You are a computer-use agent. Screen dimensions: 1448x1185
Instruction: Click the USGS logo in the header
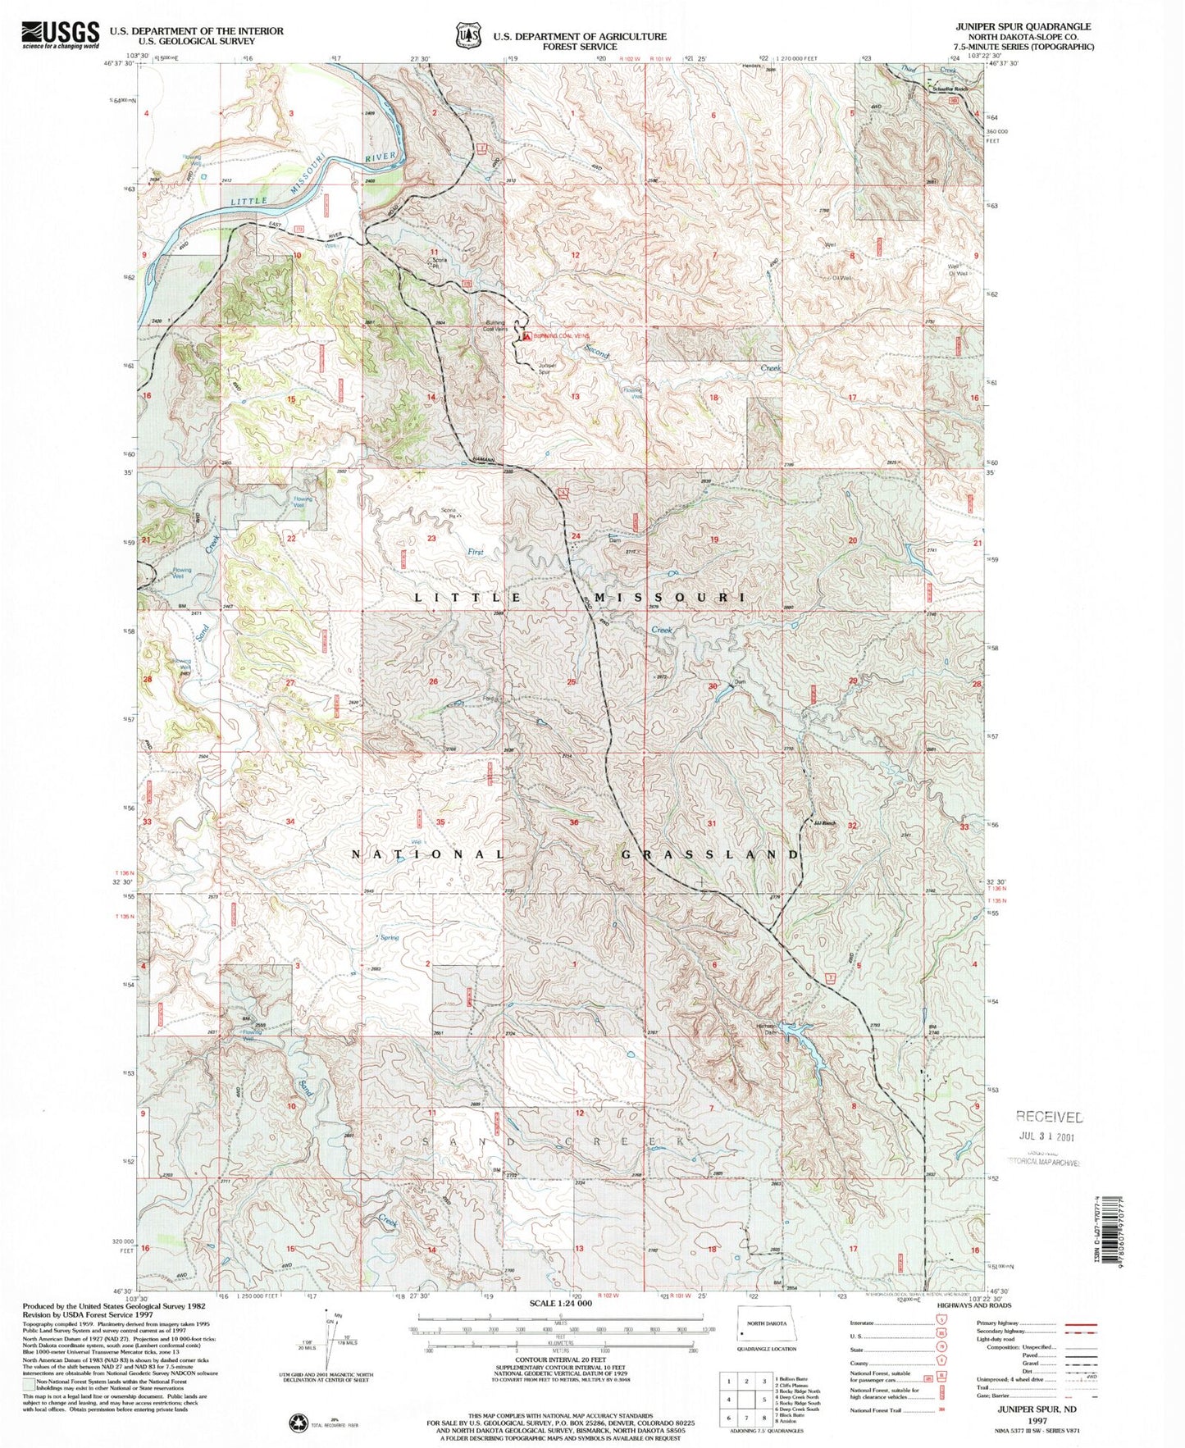tap(61, 35)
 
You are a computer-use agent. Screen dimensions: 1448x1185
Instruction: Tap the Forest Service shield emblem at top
tap(468, 37)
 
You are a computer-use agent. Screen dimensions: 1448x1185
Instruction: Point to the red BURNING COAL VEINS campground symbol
tap(526, 335)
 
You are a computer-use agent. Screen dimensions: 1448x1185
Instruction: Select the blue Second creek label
tap(596, 351)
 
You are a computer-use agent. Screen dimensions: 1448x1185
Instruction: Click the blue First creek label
tap(476, 552)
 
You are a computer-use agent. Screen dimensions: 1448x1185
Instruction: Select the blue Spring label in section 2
tap(389, 937)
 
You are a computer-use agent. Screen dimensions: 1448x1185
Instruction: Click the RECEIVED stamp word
tap(1049, 1117)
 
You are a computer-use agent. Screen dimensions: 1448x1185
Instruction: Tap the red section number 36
tap(573, 822)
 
